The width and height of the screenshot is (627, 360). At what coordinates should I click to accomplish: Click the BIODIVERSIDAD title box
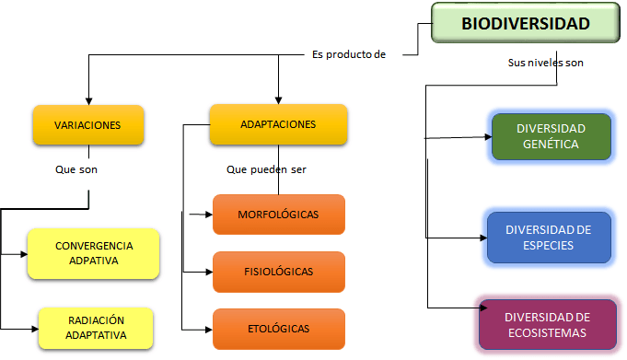524,25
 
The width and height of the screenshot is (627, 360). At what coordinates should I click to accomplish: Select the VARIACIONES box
88,125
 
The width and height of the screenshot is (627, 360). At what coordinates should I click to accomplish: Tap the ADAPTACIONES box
278,124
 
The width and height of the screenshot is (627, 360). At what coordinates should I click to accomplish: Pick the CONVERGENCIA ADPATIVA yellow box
94,253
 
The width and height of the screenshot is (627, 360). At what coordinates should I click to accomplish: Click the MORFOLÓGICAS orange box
278,215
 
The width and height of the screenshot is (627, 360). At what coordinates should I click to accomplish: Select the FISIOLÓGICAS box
278,272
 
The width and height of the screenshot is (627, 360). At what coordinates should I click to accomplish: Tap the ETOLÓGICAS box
278,329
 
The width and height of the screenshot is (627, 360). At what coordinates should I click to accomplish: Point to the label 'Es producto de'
349,54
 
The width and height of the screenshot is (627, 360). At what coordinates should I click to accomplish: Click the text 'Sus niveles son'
546,64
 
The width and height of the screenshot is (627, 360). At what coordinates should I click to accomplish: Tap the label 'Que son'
76,169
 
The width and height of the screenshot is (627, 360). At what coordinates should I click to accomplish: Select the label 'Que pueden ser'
266,169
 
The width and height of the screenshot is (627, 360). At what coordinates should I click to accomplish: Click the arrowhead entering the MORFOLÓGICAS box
208,215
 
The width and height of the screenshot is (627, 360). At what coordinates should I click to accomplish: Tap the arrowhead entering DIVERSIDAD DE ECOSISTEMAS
475,308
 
